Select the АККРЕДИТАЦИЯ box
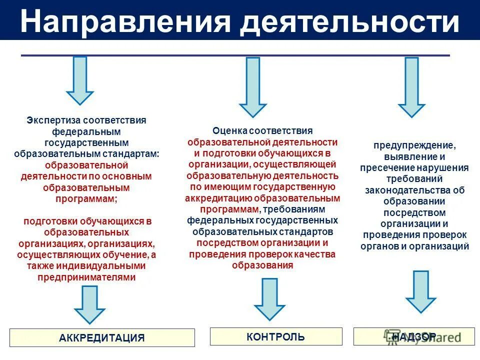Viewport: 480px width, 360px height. pos(102,337)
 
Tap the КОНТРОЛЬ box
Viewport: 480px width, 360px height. pos(275,336)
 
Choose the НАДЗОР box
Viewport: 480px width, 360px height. pos(414,336)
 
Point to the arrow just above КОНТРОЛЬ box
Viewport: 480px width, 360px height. pos(269,298)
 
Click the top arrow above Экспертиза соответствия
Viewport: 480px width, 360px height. pos(80,80)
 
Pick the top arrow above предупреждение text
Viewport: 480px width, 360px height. pos(411,86)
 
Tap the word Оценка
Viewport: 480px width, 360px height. pos(230,131)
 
